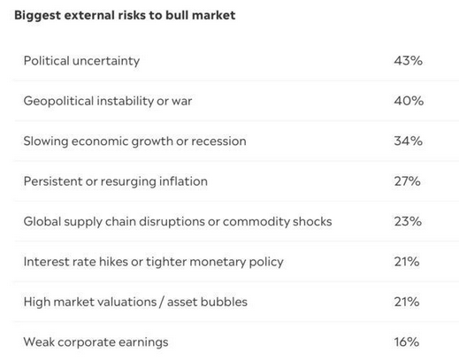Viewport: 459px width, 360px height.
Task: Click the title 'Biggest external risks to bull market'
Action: point(125,16)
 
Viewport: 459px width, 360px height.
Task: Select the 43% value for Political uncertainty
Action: point(408,61)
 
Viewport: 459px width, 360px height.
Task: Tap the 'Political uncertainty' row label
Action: point(81,61)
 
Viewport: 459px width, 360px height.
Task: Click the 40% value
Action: point(408,101)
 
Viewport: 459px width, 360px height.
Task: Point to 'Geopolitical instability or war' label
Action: point(107,101)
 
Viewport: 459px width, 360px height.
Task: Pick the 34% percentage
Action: point(408,141)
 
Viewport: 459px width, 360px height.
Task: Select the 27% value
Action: point(408,181)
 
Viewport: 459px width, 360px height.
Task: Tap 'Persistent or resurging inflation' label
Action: point(115,181)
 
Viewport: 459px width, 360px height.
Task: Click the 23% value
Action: point(408,221)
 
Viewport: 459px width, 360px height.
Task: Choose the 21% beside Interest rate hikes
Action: point(408,262)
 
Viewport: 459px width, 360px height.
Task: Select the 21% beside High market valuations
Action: point(408,302)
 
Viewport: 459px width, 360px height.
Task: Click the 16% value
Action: point(408,341)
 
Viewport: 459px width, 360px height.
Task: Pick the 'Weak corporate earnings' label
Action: point(96,341)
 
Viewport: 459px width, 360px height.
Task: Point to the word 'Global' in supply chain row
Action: point(42,221)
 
